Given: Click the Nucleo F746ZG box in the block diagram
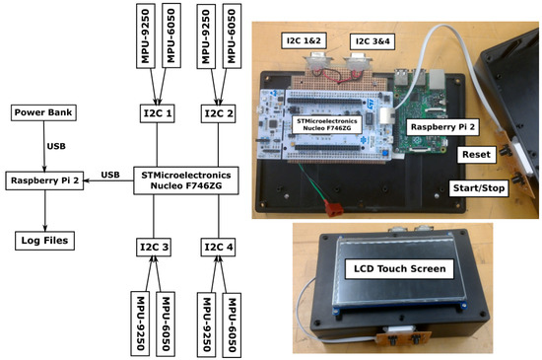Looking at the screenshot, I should (185, 180).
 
